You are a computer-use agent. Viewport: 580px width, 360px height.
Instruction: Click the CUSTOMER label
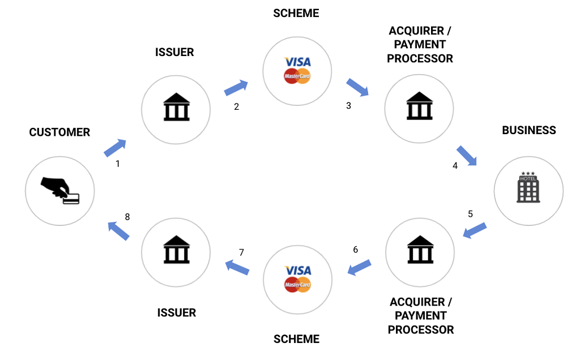pos(59,132)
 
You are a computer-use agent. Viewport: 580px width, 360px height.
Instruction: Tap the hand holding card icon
pos(60,190)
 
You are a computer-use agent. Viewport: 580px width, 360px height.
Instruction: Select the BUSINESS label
pos(529,130)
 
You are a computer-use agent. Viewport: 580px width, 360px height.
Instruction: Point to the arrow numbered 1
pos(115,148)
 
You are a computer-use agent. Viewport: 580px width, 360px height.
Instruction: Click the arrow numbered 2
pos(236,88)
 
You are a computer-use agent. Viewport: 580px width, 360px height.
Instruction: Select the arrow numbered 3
pos(357,87)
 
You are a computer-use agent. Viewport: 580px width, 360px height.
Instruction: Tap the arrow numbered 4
pos(467,155)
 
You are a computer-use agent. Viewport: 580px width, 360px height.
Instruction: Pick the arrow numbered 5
pos(475,230)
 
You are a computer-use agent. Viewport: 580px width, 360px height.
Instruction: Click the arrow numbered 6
pos(359,267)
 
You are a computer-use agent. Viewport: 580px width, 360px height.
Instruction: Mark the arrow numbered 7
pos(237,267)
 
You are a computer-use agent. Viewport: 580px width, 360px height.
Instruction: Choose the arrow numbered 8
pos(118,230)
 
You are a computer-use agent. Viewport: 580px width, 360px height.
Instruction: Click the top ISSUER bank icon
pos(176,108)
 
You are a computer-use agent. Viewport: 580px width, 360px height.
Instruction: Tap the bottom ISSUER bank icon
pos(176,250)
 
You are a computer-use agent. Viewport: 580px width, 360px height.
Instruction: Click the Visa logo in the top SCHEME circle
pos(298,62)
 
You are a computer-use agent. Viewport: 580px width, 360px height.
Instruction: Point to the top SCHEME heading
pos(296,12)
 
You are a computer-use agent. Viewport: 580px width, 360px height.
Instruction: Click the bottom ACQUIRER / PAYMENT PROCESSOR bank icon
pos(420,250)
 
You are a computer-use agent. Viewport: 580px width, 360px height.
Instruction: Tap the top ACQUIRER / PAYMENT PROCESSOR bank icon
pos(420,106)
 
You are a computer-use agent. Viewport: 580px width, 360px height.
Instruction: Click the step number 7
pos(241,251)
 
